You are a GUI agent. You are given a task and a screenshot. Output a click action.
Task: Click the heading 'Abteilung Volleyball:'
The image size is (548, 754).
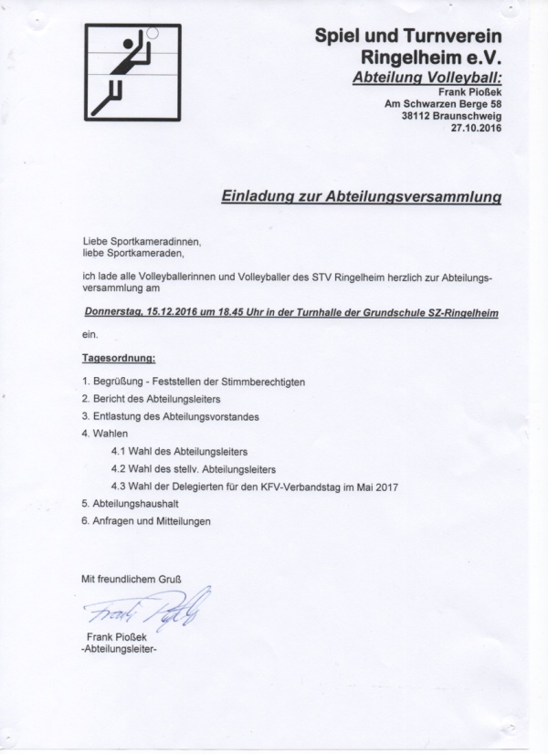click(427, 79)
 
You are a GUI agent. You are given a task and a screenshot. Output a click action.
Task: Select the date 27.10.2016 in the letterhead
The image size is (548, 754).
click(477, 129)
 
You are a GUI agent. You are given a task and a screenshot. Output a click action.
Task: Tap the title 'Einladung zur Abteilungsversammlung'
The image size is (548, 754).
click(362, 195)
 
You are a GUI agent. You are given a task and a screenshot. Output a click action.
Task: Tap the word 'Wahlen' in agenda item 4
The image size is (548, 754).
click(110, 434)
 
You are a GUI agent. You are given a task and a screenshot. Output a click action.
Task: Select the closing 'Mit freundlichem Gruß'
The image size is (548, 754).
click(132, 579)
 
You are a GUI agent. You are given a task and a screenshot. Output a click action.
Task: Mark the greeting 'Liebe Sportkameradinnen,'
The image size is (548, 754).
click(140, 238)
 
